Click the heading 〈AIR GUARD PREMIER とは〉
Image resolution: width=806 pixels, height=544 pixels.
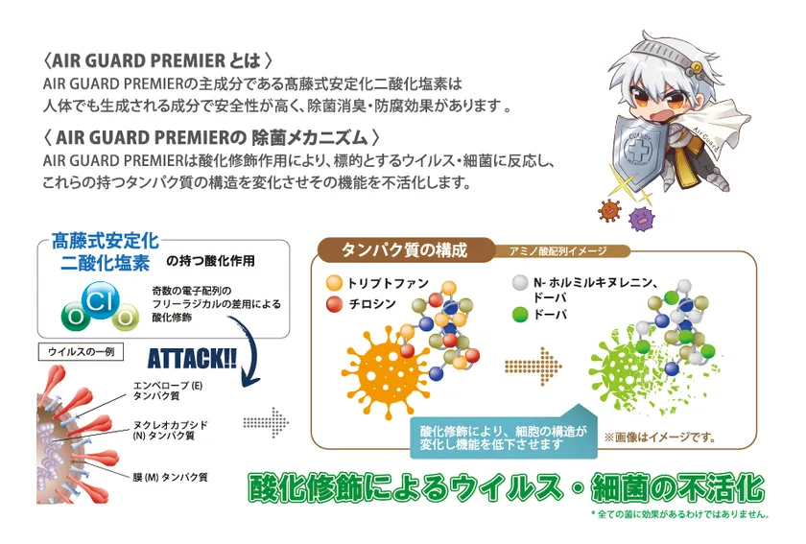coord(157,60)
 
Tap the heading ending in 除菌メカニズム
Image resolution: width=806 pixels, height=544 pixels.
coord(212,137)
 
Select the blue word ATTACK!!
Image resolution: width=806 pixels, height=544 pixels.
coord(192,359)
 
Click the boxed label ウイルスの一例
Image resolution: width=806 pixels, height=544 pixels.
coord(81,352)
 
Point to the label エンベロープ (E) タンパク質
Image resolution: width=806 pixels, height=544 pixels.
coord(168,390)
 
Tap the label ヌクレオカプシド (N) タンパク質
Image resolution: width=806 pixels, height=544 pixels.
coord(171,431)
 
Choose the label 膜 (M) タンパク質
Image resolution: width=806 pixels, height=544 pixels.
coord(170,477)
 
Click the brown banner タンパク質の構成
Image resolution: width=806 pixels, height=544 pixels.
coord(405,249)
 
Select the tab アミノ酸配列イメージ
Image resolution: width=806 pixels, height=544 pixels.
coord(558,251)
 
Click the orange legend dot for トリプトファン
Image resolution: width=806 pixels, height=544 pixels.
coord(334,283)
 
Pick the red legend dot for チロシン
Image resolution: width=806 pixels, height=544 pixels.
coord(334,304)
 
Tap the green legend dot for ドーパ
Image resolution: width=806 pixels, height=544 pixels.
coord(520,314)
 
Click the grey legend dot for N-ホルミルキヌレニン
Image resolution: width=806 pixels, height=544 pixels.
coord(520,282)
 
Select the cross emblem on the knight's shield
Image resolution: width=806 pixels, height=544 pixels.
coord(638,149)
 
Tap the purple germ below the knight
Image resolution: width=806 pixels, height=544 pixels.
coord(642,219)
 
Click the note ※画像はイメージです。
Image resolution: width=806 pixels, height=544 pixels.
coord(660,438)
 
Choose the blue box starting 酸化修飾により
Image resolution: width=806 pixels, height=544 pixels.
coord(504,438)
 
